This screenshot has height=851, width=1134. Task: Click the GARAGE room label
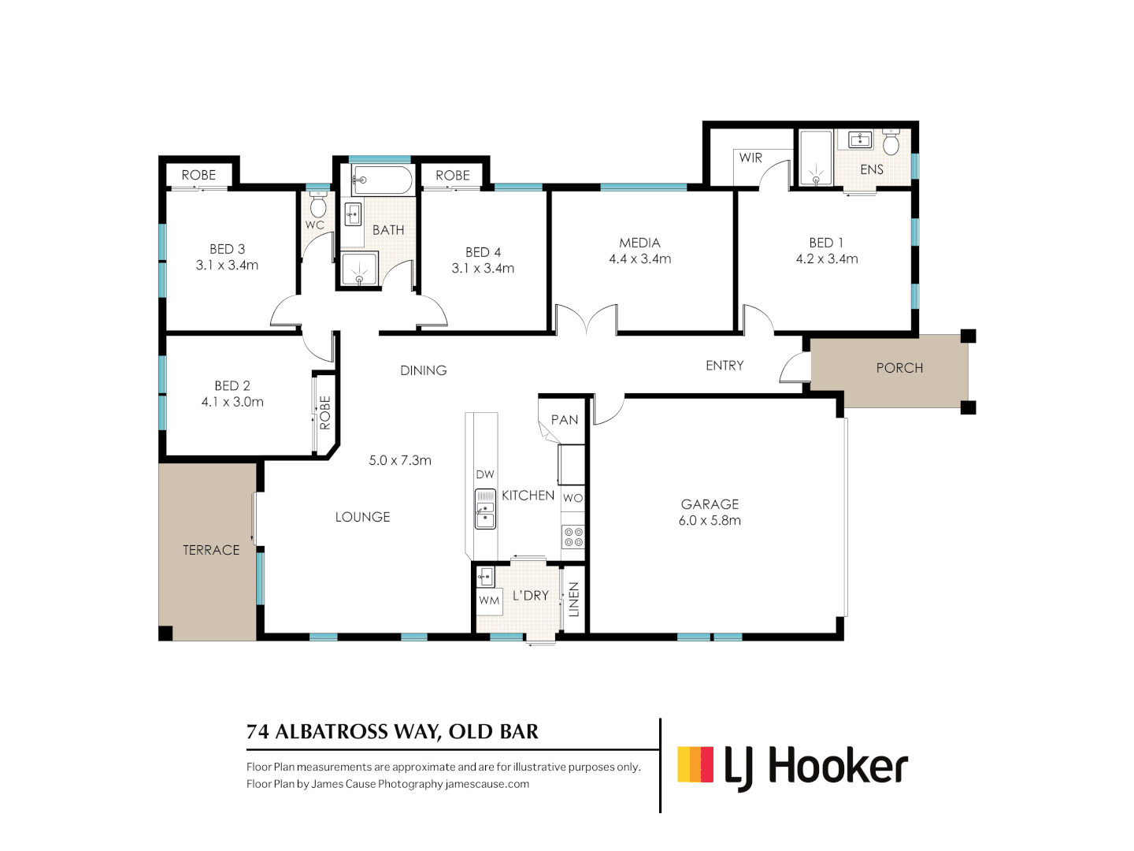[x=710, y=504]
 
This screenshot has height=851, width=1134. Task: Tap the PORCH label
[x=899, y=368]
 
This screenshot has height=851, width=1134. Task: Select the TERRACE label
[x=211, y=550]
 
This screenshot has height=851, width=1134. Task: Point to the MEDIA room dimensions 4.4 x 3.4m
[x=639, y=259]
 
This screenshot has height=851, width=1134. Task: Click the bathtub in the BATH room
[x=382, y=180]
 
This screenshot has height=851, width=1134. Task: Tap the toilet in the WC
[x=318, y=206]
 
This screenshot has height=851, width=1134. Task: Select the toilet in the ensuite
[x=891, y=143]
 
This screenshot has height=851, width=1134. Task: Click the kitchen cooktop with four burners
[x=573, y=537]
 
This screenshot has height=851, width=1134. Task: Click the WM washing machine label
[x=489, y=600]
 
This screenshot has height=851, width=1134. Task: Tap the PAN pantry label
[x=565, y=420]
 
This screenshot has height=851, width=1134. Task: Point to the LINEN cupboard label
[x=574, y=599]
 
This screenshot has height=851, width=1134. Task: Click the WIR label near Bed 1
[x=750, y=158]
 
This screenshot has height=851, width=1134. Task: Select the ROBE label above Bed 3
[x=198, y=175]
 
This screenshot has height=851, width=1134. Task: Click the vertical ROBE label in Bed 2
[x=325, y=413]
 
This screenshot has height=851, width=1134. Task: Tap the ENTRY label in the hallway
[x=724, y=366]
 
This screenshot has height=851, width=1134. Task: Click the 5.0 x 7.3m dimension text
[x=400, y=460]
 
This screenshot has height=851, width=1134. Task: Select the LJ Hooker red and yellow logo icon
[x=695, y=764]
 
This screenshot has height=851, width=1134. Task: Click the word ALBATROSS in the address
[x=342, y=732]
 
